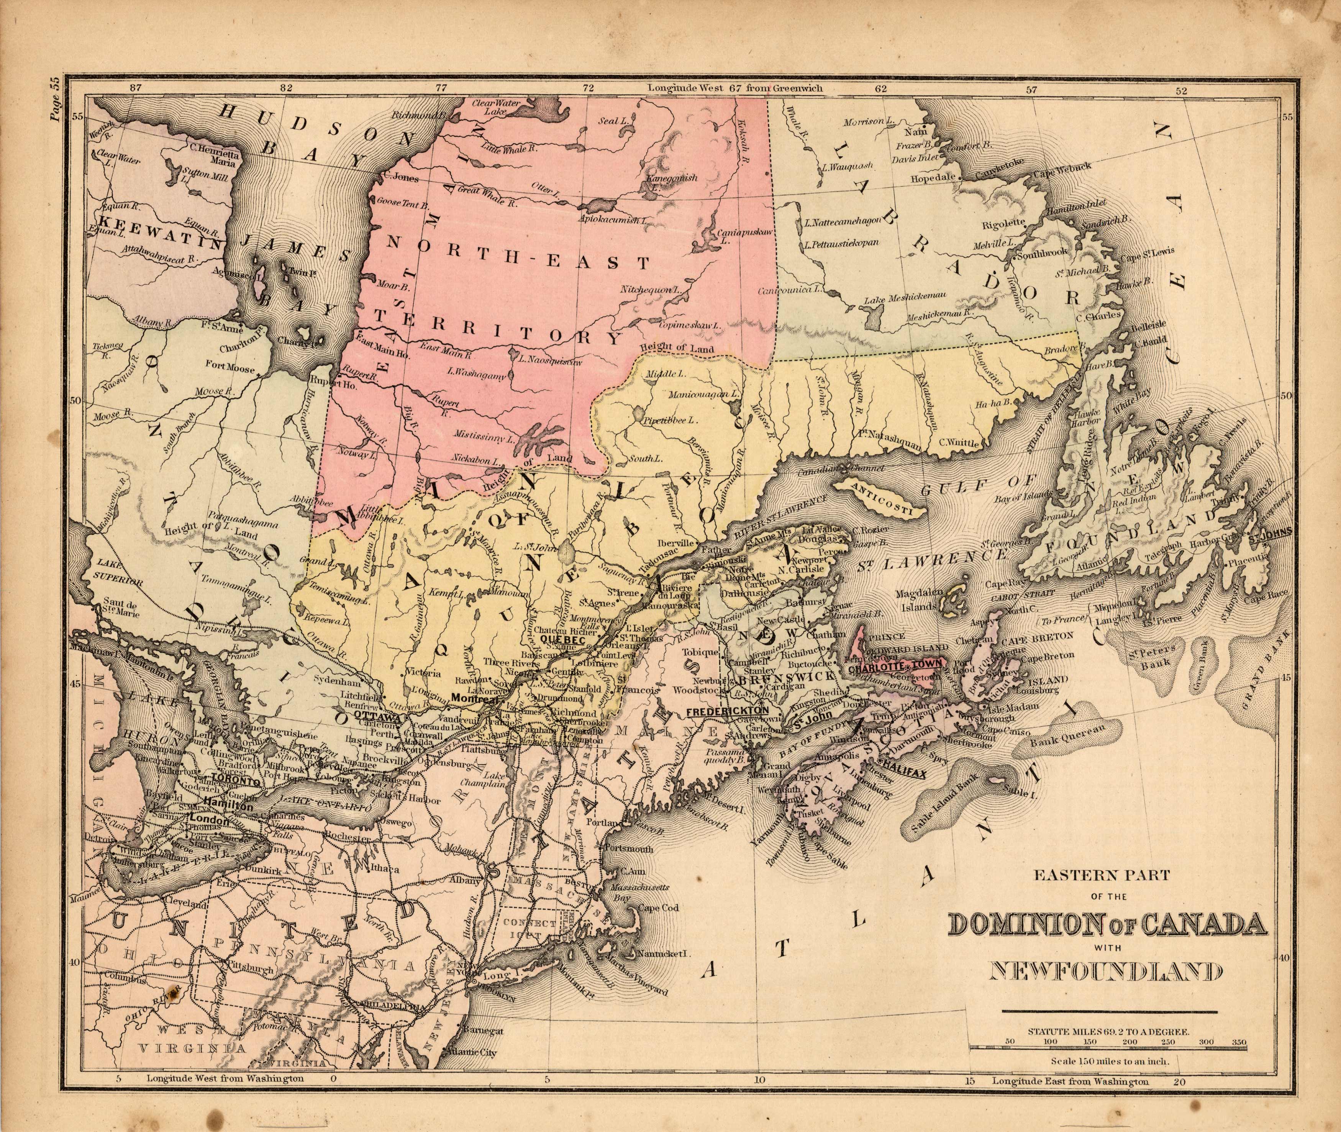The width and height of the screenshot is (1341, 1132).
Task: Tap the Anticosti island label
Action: point(881,507)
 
